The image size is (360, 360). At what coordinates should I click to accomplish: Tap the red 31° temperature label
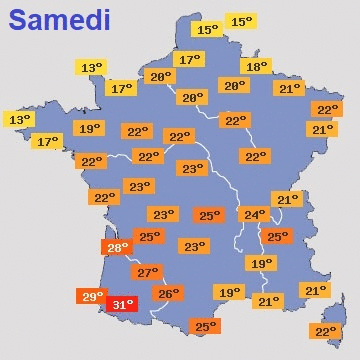(122, 304)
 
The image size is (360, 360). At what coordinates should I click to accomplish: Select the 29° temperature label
(92, 296)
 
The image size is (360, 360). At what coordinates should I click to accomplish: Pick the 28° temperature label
(117, 247)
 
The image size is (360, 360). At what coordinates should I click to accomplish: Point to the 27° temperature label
(147, 272)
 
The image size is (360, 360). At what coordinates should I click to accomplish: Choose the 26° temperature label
(168, 293)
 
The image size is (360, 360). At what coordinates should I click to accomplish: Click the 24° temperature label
(255, 214)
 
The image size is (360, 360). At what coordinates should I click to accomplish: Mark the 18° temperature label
(256, 66)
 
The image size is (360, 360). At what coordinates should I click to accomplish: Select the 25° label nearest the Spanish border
(204, 326)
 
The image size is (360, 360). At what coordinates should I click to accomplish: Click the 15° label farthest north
(241, 21)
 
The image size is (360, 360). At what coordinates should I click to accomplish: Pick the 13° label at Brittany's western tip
(19, 119)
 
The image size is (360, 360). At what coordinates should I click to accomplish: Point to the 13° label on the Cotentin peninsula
(91, 68)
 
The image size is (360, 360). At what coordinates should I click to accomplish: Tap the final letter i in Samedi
(105, 19)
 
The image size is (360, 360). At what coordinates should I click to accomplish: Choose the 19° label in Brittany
(89, 128)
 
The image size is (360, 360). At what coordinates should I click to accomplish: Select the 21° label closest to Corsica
(315, 290)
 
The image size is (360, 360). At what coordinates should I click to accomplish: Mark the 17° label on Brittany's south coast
(48, 142)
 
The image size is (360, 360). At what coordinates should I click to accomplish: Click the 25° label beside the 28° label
(149, 236)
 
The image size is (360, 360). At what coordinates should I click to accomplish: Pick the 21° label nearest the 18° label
(289, 88)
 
